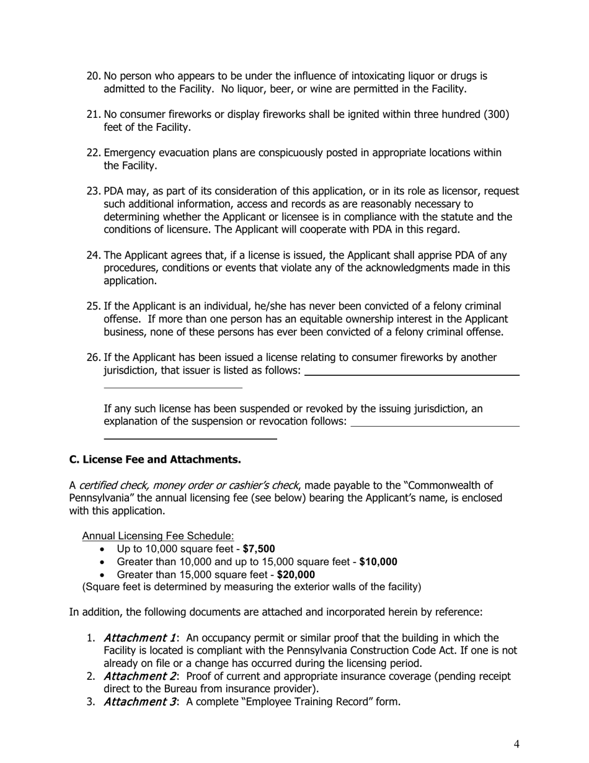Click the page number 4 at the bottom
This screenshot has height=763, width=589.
point(516,744)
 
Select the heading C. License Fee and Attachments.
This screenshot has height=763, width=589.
point(154,460)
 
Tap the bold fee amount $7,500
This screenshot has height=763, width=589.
point(259,549)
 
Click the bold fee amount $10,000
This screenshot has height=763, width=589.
point(378,562)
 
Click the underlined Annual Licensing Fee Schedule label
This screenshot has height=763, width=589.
point(158,536)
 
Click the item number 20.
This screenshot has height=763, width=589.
point(93,76)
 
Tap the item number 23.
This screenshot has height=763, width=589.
point(93,191)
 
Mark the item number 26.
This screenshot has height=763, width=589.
point(93,358)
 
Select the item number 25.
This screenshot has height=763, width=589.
point(93,306)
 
